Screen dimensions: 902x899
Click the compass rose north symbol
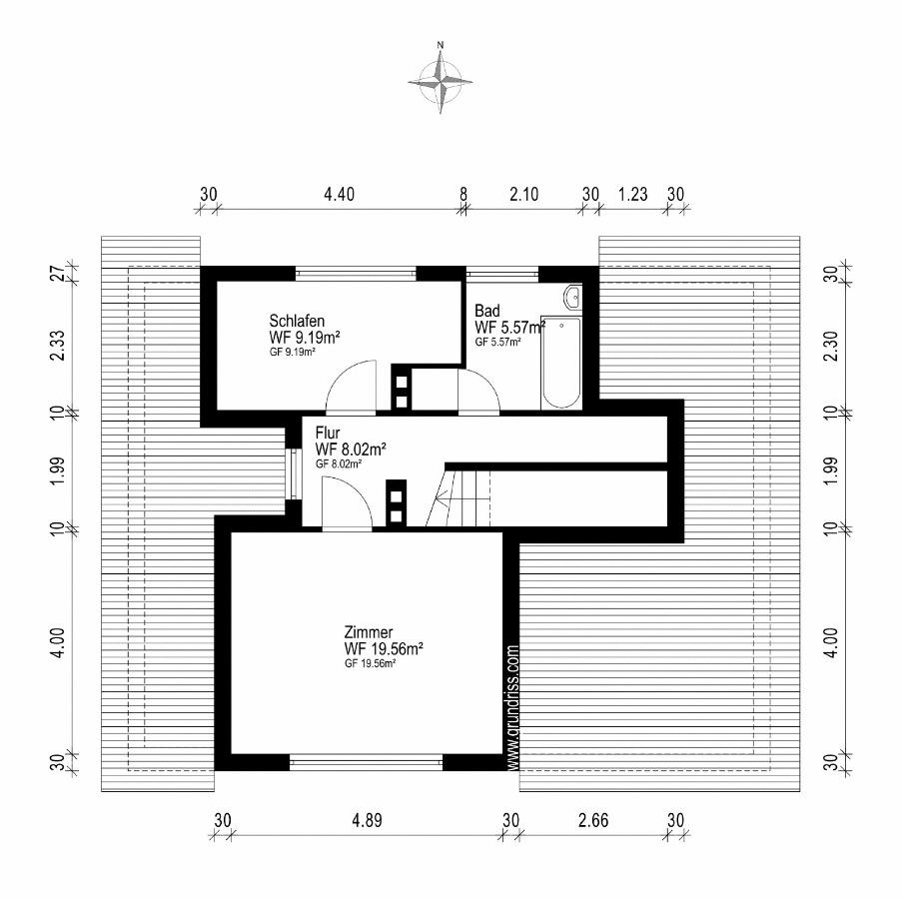441,82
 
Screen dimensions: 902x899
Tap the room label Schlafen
297,321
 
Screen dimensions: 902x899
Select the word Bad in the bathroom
487,311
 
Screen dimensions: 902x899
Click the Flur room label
328,433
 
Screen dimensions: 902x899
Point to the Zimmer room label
369,632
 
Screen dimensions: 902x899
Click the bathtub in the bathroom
560,363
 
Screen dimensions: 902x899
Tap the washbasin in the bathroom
573,298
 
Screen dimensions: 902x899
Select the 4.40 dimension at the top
339,194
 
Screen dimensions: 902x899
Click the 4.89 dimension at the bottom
367,820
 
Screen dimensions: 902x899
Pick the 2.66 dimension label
593,820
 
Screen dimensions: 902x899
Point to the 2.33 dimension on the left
57,345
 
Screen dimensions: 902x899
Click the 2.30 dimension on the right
831,347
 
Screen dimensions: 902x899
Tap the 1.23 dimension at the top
632,194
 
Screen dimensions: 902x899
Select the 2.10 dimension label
524,194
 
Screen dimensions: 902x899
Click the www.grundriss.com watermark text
513,707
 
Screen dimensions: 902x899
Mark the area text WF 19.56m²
384,649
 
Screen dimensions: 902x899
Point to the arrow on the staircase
442,498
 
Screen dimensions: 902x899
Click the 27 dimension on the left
57,274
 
